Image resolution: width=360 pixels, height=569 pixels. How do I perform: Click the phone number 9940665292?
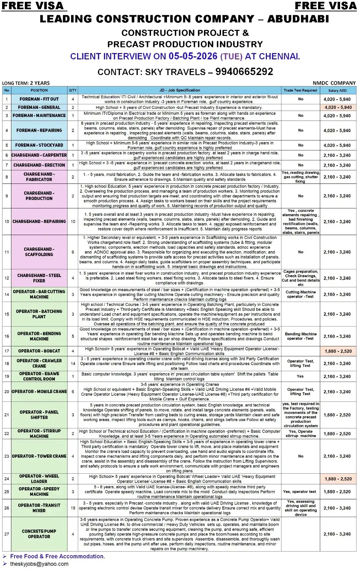click(244, 71)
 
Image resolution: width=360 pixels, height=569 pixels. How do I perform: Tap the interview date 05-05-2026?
click(193, 56)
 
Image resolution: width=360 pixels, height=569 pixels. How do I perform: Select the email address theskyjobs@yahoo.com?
click(39, 564)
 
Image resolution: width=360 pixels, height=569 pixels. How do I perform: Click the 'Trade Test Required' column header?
click(300, 90)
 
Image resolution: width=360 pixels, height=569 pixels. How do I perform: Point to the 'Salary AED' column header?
click(337, 90)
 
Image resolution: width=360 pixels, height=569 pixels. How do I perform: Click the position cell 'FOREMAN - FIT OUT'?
click(39, 99)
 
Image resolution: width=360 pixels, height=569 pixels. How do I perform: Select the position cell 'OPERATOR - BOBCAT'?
click(39, 351)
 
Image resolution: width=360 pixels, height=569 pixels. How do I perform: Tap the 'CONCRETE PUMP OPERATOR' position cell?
click(39, 534)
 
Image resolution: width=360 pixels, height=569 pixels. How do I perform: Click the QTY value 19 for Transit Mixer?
click(73, 508)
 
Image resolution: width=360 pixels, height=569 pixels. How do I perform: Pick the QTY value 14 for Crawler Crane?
click(73, 363)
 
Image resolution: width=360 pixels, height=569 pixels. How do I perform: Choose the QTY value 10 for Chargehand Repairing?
click(73, 221)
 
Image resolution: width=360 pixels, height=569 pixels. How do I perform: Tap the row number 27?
click(7, 534)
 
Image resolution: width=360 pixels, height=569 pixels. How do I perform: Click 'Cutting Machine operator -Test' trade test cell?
click(300, 294)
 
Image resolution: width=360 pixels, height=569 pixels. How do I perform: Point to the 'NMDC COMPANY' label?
click(334, 83)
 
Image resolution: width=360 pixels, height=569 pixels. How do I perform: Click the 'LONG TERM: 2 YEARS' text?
click(26, 83)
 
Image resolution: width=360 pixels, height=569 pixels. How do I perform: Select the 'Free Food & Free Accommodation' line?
click(57, 556)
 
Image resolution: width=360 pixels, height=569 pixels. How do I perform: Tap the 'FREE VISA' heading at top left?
click(33, 6)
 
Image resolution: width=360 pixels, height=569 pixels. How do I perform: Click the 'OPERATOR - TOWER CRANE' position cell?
click(39, 456)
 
